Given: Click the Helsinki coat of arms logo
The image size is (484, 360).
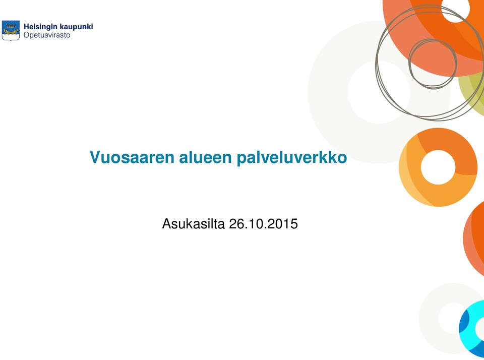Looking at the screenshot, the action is tap(11, 31).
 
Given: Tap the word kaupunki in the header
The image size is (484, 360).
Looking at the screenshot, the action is tap(76, 27).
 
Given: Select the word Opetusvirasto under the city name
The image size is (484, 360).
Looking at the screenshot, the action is tap(47, 35).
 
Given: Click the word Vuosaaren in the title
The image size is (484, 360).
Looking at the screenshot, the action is tap(132, 157).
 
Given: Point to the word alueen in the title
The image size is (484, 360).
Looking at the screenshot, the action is tap(206, 157).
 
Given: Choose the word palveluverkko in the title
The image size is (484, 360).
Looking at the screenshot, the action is tap(292, 157).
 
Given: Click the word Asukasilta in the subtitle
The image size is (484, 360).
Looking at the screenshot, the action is tap(193, 223).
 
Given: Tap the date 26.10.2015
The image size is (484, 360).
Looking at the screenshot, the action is tap(263, 223).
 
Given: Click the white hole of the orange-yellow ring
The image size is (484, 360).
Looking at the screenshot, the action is tap(438, 167).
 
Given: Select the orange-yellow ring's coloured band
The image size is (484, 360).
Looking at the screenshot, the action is tap(410, 167).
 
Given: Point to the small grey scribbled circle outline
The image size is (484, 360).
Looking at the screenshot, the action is tap(409, 64).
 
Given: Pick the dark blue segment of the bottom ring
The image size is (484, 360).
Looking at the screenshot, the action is tap(463, 327).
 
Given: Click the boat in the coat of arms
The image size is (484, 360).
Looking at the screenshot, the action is tap(11, 32).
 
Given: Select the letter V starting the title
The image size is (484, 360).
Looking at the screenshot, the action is tap(95, 157).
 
